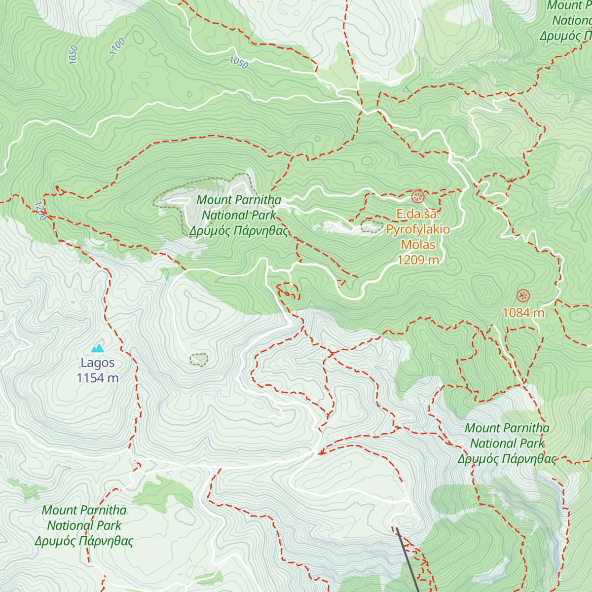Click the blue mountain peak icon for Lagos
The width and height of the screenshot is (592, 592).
(98, 348)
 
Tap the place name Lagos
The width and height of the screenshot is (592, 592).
(98, 363)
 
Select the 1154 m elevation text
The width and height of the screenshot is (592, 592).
(98, 378)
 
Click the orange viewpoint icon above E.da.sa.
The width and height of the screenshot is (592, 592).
(418, 197)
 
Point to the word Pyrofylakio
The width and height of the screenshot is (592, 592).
(418, 229)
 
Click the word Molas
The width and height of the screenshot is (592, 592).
(418, 245)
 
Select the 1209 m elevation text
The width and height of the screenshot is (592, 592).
(418, 260)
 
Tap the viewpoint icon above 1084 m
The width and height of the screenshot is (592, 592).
(523, 296)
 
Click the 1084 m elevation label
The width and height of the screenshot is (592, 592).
(523, 313)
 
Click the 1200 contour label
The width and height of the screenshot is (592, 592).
(40, 211)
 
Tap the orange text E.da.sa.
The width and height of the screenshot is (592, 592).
(418, 214)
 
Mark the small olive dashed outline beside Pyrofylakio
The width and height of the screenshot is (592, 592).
(372, 226)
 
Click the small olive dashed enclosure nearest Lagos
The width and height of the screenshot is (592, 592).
(199, 360)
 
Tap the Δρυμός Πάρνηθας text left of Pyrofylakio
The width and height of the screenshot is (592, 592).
(238, 231)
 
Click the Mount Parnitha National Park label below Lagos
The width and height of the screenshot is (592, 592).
(84, 525)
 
